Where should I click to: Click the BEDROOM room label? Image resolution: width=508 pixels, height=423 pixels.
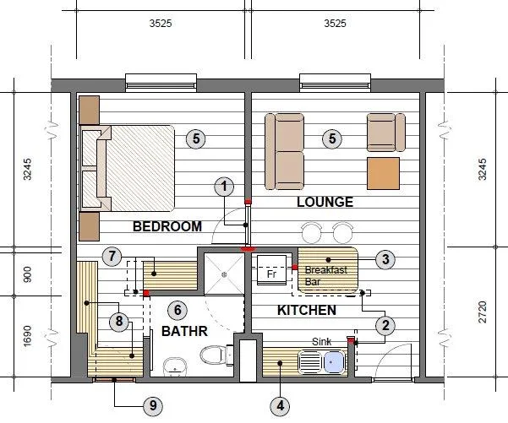(x=167, y=226)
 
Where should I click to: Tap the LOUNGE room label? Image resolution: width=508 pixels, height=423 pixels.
(x=325, y=202)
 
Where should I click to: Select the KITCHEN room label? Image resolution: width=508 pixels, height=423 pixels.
(x=307, y=311)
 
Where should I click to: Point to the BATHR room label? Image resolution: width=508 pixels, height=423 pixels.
(x=184, y=331)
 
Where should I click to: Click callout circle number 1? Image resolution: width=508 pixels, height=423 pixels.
(x=224, y=187)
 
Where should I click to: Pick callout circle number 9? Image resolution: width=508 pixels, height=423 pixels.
(x=153, y=405)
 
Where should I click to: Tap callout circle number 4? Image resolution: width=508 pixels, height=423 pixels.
(x=281, y=405)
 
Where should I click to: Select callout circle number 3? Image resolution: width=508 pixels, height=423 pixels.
(x=385, y=259)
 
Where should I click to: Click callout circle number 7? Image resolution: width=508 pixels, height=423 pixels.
(x=112, y=257)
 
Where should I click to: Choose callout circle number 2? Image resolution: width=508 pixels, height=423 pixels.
(x=385, y=325)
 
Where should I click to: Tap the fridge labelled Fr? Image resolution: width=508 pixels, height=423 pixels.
(x=271, y=270)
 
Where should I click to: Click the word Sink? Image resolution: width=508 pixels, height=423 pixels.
(x=322, y=341)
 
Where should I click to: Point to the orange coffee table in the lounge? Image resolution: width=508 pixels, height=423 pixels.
(x=383, y=173)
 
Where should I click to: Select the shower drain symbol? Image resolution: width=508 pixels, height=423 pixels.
(x=224, y=274)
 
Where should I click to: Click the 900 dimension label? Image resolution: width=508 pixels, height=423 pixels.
(x=28, y=274)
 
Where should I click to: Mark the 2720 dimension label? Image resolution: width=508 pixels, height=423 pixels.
(x=483, y=312)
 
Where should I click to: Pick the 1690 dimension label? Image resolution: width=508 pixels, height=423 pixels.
(x=28, y=336)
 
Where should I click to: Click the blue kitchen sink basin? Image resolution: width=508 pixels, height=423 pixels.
(x=335, y=362)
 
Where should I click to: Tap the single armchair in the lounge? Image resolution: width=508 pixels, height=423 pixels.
(x=385, y=133)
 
